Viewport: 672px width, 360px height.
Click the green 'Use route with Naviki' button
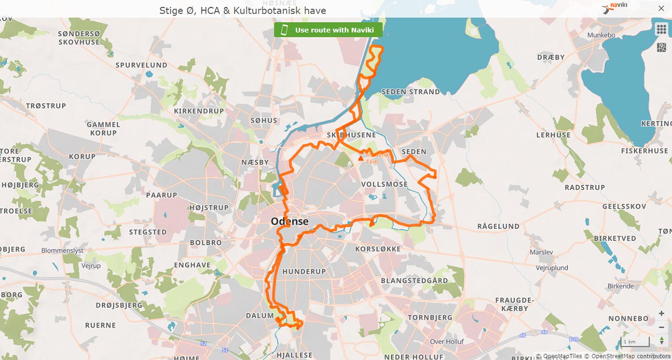pyautogui.click(x=328, y=30)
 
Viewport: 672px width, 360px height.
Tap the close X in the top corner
pyautogui.click(x=661, y=9)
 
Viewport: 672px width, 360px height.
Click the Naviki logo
pyautogui.click(x=615, y=8)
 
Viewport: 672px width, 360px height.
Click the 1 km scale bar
pyautogui.click(x=635, y=341)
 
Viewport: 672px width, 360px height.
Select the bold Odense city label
pyautogui.click(x=289, y=221)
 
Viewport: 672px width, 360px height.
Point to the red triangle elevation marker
pyautogui.click(x=361, y=158)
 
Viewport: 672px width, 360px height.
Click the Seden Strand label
pyautogui.click(x=410, y=92)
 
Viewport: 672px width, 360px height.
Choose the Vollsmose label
pyautogui.click(x=384, y=184)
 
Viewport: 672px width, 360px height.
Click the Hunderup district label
pyautogui.click(x=304, y=271)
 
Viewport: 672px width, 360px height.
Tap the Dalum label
pyautogui.click(x=260, y=315)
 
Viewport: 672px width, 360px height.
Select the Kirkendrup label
pyautogui.click(x=199, y=111)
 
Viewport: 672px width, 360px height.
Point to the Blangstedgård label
pyautogui.click(x=414, y=280)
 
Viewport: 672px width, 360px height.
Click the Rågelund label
pyautogui.click(x=498, y=226)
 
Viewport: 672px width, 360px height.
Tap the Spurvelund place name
pyautogui.click(x=141, y=65)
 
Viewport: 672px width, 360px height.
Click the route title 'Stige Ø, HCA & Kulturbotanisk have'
pyautogui.click(x=242, y=10)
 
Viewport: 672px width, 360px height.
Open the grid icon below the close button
pyautogui.click(x=661, y=29)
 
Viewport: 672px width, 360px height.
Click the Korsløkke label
pyautogui.click(x=378, y=249)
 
